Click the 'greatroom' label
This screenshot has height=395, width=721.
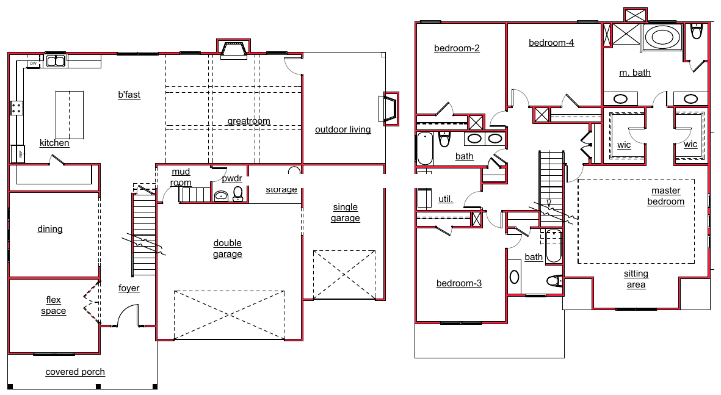pos(248,121)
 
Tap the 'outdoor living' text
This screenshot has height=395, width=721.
pos(343,129)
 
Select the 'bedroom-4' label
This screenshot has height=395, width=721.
pos(551,43)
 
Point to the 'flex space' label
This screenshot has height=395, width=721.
pos(53,305)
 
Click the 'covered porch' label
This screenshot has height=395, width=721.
pos(75,372)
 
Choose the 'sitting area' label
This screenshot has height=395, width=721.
pos(636,279)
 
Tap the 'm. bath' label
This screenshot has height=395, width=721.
pos(635,73)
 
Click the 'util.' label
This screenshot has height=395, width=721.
pos(446,199)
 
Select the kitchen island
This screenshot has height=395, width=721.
pos(70,115)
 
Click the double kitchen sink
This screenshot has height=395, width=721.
pos(56,61)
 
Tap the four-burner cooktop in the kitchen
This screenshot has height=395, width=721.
pos(16,108)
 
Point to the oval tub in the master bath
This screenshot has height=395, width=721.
pos(662,37)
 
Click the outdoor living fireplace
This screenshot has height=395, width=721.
pos(388,109)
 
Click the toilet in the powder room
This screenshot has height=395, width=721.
pos(237,194)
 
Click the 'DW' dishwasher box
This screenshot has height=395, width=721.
pos(33,63)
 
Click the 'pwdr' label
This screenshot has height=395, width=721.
pos(232,178)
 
